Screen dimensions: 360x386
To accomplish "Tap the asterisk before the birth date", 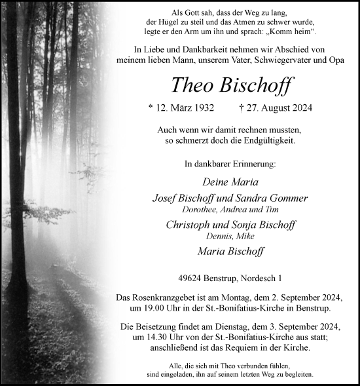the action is pos(151,107).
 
